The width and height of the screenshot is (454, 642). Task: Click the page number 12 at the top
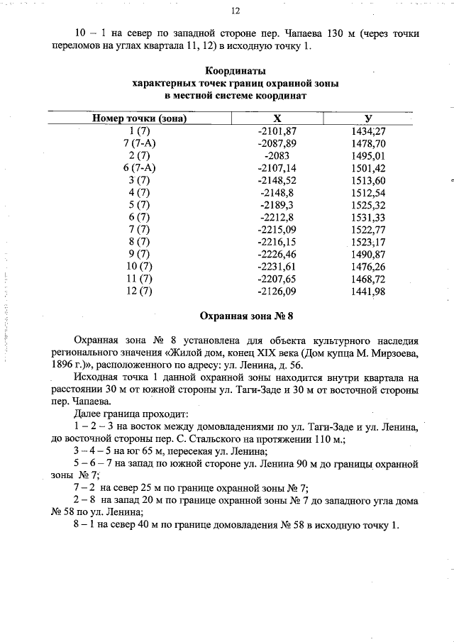point(236,11)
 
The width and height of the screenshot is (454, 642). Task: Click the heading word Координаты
point(236,71)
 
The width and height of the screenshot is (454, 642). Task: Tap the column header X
point(277,119)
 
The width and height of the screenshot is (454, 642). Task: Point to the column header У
point(368,119)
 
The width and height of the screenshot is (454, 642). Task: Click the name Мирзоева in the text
point(394,350)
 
